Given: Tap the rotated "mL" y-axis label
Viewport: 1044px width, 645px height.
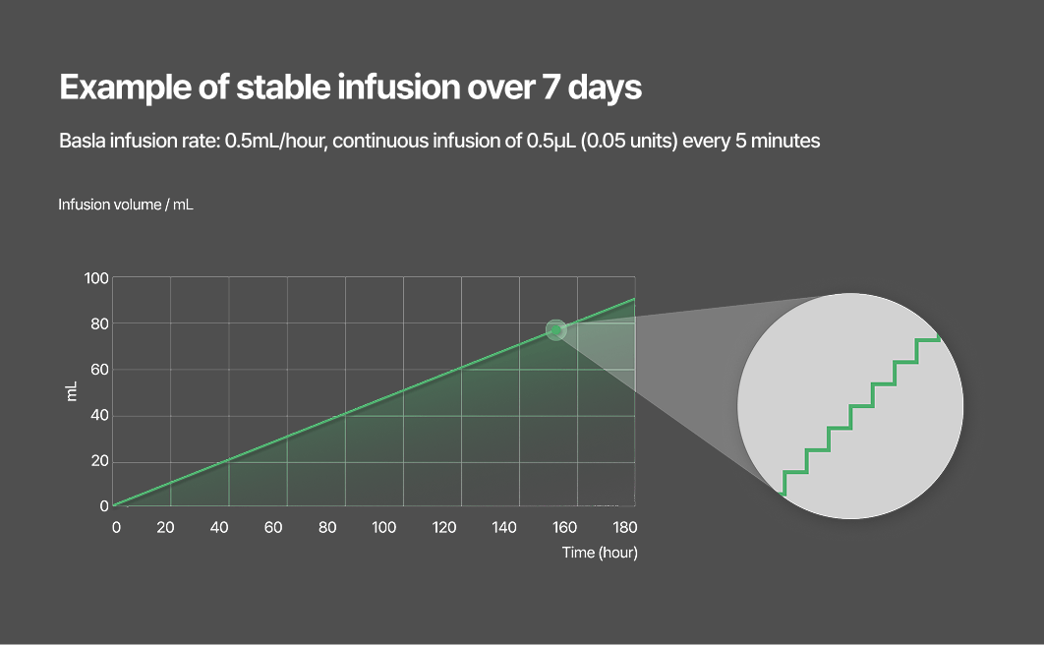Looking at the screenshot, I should (x=72, y=392).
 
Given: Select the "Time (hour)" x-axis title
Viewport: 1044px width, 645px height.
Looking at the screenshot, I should (x=600, y=553).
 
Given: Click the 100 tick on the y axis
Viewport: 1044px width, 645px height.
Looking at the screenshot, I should (x=95, y=278).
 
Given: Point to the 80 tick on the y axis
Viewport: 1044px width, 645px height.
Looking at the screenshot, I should (x=98, y=323).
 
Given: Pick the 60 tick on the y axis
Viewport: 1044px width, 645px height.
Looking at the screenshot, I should (x=98, y=370).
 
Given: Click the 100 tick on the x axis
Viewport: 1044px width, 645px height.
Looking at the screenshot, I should (x=383, y=528).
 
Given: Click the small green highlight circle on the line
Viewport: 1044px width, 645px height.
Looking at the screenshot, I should (x=556, y=330).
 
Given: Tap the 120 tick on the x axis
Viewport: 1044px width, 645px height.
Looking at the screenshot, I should (x=444, y=528).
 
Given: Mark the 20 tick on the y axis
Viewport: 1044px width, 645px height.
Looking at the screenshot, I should (x=98, y=461).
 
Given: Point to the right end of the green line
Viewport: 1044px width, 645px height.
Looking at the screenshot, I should (x=634, y=299).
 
